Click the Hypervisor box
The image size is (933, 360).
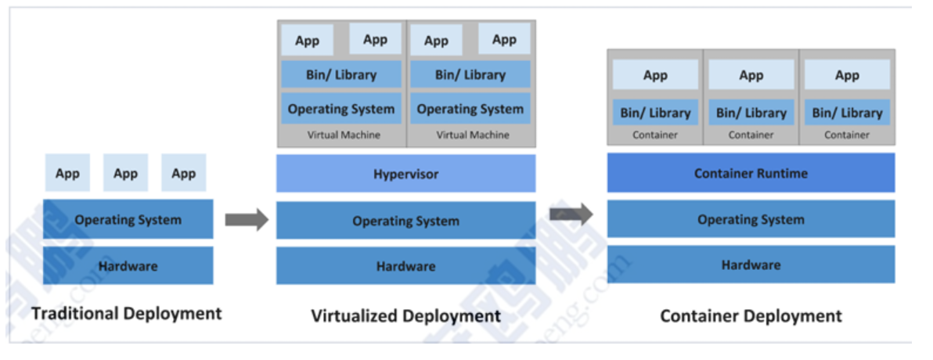[405, 174]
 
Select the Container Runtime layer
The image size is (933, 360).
[751, 173]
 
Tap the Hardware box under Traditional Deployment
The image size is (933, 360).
[128, 266]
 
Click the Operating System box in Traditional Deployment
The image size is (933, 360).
[128, 220]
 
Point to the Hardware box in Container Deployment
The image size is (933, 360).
[751, 265]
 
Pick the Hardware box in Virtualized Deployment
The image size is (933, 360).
[405, 266]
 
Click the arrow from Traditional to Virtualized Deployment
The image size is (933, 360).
[247, 220]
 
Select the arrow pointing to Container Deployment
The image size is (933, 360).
[571, 213]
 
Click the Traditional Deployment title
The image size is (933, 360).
[127, 314]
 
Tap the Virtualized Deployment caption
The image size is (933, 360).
[405, 316]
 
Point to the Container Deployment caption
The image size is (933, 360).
[751, 316]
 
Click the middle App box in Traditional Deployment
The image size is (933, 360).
[125, 174]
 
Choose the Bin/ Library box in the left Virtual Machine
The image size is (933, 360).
[341, 75]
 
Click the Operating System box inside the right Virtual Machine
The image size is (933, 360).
[470, 109]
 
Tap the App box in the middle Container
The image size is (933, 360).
[751, 75]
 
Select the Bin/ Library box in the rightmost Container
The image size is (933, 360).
[847, 113]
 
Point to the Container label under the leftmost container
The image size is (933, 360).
[655, 135]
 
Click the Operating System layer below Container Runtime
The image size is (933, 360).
[751, 220]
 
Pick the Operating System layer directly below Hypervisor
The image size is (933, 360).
[405, 221]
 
